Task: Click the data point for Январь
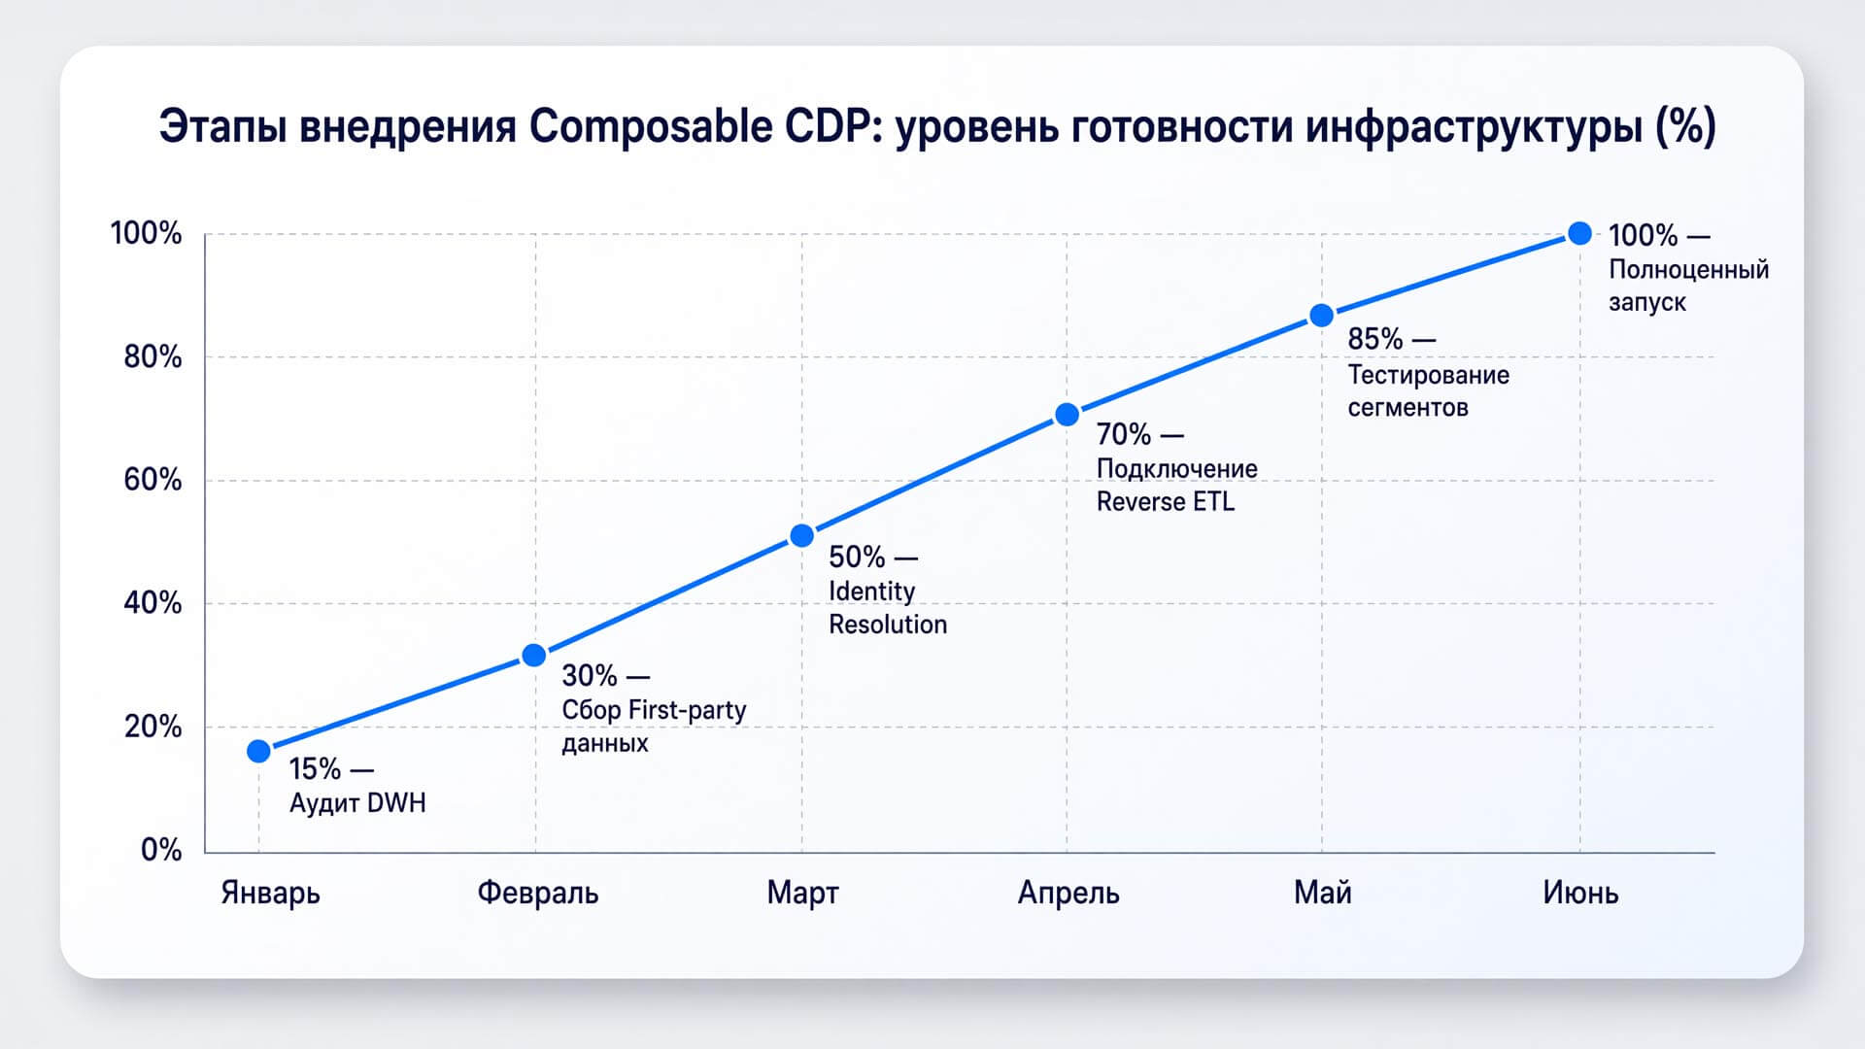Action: (x=258, y=751)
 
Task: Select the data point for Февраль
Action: (x=534, y=656)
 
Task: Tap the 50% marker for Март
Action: (x=801, y=536)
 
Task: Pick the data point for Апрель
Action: (x=1067, y=415)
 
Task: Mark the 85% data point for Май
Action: (x=1321, y=316)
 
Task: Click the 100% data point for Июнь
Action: (x=1580, y=233)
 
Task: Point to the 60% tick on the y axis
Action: (x=153, y=480)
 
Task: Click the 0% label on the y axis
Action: (x=161, y=850)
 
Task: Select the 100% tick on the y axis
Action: (x=146, y=233)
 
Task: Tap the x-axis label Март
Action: (x=802, y=892)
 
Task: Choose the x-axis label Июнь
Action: (x=1580, y=892)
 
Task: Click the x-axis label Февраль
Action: (x=537, y=892)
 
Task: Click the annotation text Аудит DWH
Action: (x=357, y=803)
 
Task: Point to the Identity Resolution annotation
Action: (x=888, y=608)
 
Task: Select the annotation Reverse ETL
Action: (x=1166, y=502)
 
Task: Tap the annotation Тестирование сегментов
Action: (x=1428, y=390)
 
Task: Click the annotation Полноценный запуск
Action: (x=1688, y=286)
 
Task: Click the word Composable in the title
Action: (x=650, y=127)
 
